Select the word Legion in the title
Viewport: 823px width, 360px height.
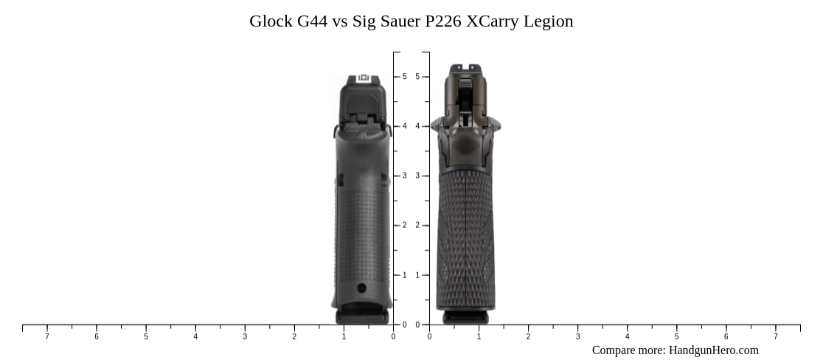(548, 21)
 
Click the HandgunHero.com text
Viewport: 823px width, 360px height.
(713, 350)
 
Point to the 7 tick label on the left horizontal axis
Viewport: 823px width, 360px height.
(47, 337)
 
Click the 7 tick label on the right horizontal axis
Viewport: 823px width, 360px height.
(775, 337)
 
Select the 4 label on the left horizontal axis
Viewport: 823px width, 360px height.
(195, 337)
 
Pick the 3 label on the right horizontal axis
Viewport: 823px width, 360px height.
(577, 337)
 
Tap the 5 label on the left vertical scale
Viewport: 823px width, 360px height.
(404, 77)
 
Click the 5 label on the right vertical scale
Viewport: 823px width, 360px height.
(417, 77)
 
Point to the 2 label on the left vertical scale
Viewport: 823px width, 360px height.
(404, 225)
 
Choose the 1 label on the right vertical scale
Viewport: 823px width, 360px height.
(417, 275)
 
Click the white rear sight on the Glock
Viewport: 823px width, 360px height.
(362, 77)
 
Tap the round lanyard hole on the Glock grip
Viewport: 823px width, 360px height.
(361, 288)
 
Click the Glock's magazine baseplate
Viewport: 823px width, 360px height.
(362, 317)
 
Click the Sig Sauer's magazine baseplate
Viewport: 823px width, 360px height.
(465, 317)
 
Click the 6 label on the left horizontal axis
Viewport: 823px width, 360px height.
(97, 337)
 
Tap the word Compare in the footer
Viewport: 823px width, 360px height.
(613, 350)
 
